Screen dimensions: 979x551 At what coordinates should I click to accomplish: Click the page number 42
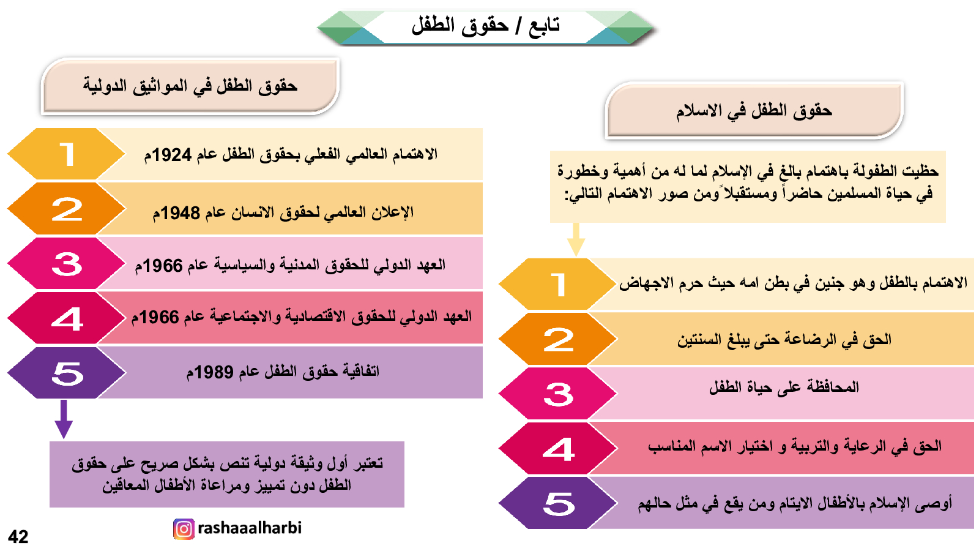click(18, 536)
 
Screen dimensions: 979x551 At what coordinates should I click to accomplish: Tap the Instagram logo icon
click(184, 529)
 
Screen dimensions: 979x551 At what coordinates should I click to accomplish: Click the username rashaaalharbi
click(250, 528)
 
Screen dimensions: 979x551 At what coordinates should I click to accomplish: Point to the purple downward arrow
click(64, 419)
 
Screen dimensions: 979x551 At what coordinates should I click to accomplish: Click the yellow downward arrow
click(576, 239)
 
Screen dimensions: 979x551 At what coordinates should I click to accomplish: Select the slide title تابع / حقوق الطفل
click(486, 25)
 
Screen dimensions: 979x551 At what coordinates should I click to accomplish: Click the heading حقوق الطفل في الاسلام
click(754, 110)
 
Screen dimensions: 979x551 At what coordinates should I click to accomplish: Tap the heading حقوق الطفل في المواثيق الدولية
click(190, 86)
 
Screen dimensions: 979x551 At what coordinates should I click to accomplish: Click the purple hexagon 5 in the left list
click(67, 373)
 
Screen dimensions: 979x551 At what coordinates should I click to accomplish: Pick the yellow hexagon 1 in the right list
click(557, 284)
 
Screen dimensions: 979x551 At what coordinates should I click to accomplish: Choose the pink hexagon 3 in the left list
click(67, 264)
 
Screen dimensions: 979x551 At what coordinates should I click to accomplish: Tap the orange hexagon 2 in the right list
click(557, 339)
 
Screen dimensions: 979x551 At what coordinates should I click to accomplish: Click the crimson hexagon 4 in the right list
click(557, 448)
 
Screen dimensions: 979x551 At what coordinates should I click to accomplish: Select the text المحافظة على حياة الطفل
click(784, 386)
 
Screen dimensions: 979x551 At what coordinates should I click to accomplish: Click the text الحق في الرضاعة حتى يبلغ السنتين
click(784, 340)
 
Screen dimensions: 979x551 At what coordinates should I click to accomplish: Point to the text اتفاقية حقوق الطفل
click(310, 371)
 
